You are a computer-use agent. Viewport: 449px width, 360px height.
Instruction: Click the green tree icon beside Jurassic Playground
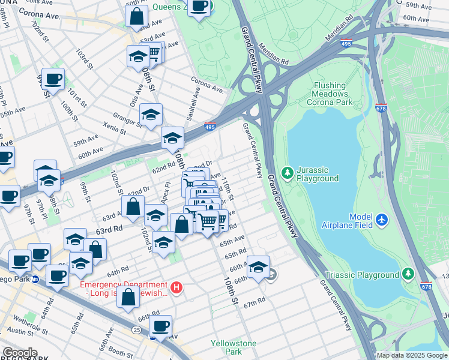coord(288,174)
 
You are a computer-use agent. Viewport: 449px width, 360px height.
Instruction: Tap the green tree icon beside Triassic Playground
coord(408,275)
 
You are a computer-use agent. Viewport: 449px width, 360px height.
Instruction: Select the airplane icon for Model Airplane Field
coord(381,221)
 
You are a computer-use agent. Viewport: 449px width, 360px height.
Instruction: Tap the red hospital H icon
coord(176,289)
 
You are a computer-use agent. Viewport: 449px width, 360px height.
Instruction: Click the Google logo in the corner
coord(19,353)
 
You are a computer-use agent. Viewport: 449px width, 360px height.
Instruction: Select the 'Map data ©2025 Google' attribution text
coord(412,355)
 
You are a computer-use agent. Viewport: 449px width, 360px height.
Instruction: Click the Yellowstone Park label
coord(234,347)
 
